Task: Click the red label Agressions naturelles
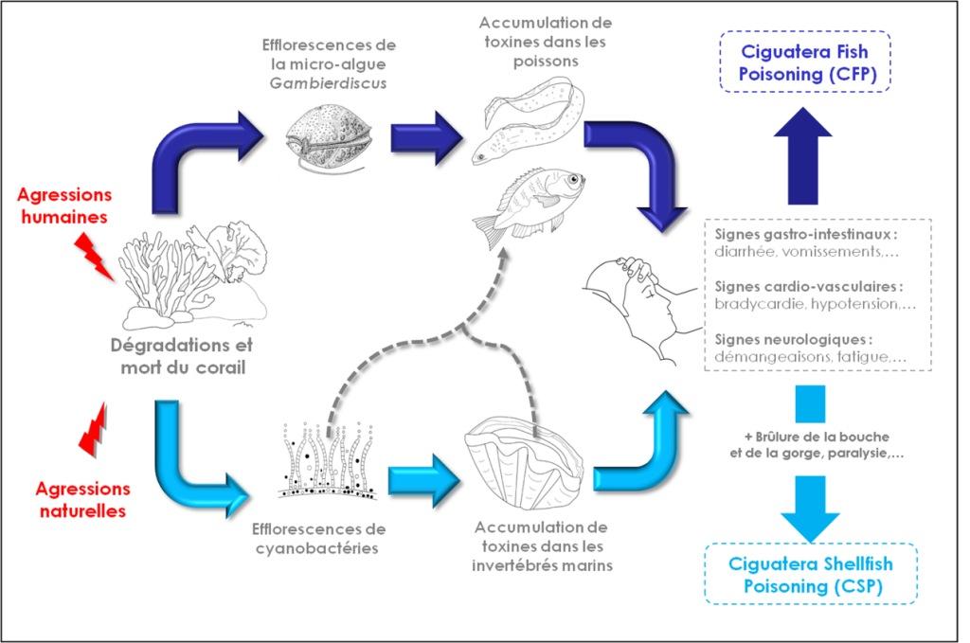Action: (81, 500)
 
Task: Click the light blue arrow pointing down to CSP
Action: (810, 507)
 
